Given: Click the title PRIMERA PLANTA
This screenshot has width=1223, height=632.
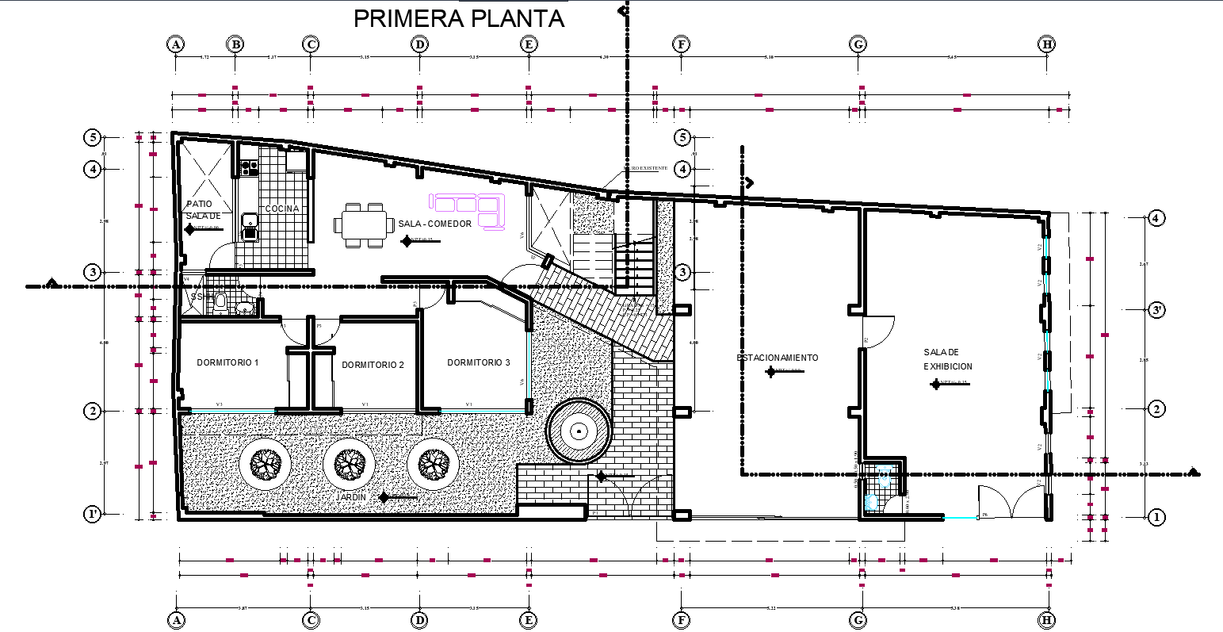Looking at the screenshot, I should tap(458, 18).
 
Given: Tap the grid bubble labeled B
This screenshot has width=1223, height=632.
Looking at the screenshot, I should tap(235, 44).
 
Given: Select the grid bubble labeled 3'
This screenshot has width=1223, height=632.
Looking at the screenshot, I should tap(1156, 310).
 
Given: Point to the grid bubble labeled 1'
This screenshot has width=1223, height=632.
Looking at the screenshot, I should tap(93, 514).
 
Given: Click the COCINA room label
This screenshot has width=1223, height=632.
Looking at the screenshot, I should tap(282, 209).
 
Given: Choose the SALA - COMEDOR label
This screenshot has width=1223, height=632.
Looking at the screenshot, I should tap(435, 224).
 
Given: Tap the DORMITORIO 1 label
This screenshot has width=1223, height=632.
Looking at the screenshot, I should tap(227, 362).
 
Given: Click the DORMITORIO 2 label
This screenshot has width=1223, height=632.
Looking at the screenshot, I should tap(373, 365).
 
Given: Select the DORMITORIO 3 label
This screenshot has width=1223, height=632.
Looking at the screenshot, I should tap(478, 362).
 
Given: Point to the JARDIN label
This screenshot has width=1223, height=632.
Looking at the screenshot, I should tap(352, 497).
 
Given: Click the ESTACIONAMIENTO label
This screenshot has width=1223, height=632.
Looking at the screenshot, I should tap(777, 358).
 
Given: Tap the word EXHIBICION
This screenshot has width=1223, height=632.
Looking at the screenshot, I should tap(947, 366).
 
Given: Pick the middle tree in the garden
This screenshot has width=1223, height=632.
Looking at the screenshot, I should tap(349, 463).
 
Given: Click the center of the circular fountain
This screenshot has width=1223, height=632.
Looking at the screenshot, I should tap(579, 431).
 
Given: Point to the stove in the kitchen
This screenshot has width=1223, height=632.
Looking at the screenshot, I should tap(249, 167).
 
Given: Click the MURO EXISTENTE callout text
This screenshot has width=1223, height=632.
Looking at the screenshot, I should tap(644, 169).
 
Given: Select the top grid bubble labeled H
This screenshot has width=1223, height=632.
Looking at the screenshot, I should tap(1047, 44).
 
